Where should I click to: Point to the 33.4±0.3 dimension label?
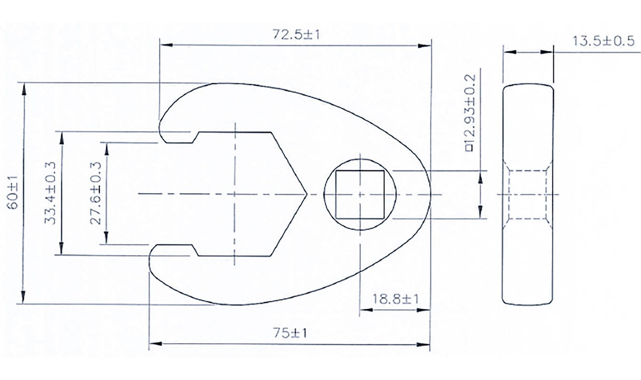coord(52,193)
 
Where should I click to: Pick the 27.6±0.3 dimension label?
coord(96,193)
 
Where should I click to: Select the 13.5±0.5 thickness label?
coord(603,42)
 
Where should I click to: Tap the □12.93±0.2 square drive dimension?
coord(471,112)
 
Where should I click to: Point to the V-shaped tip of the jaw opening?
coord(305,194)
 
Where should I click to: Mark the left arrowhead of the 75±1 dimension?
coord(154,345)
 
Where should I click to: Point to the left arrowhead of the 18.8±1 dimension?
coord(363,309)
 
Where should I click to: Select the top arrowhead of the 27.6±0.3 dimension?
coord(107,146)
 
